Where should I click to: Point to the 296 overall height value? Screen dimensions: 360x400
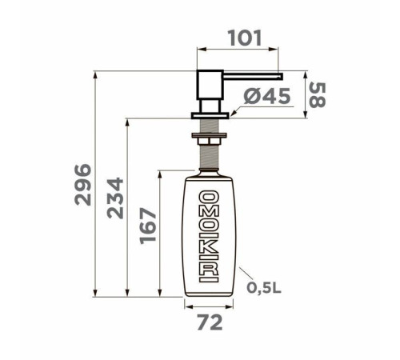(x=82, y=186)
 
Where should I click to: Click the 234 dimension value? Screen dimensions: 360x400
(x=116, y=208)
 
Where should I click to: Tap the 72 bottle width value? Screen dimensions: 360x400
(x=210, y=324)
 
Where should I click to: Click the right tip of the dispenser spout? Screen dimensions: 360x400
(x=281, y=74)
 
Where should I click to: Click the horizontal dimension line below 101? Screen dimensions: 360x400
(x=239, y=51)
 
